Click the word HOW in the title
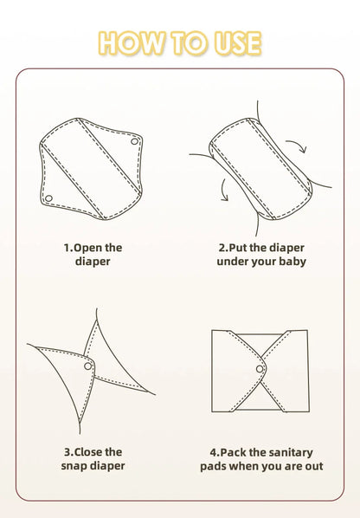tap(131, 43)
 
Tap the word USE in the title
tap(238, 43)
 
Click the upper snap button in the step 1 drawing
tap(134, 141)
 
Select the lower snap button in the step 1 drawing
tap(48, 198)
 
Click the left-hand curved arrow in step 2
tap(224, 190)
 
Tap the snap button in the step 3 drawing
tap(87, 366)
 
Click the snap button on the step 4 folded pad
tap(260, 369)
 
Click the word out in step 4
tap(314, 467)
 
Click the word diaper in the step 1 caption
tap(93, 262)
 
